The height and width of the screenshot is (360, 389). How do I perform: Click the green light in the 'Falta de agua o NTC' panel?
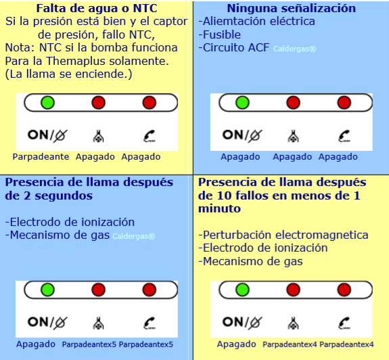47,102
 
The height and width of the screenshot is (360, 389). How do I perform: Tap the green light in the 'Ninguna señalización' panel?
242,102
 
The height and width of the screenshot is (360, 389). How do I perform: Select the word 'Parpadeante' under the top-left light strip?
41,157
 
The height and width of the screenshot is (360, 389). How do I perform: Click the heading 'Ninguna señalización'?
292,8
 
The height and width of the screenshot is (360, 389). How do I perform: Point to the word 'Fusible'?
222,35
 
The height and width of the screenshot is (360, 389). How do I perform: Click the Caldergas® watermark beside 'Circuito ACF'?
295,49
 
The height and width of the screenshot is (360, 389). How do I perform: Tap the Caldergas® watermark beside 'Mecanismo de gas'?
134,236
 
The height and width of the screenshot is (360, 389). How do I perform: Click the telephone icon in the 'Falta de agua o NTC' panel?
150,136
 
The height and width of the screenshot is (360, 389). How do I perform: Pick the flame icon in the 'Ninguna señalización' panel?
293,136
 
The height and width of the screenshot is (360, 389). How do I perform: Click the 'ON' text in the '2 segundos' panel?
38,322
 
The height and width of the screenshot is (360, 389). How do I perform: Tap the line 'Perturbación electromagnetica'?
283,235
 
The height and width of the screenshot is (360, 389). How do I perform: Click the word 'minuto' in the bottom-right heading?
220,208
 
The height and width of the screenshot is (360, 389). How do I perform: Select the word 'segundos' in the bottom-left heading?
64,196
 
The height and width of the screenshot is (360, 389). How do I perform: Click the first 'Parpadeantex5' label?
89,344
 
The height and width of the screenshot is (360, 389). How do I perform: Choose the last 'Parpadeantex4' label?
346,344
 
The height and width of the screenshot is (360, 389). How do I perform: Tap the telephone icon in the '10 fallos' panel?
344,323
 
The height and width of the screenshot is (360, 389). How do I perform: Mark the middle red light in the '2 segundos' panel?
99,290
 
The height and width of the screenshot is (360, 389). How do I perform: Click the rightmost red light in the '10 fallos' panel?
344,290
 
